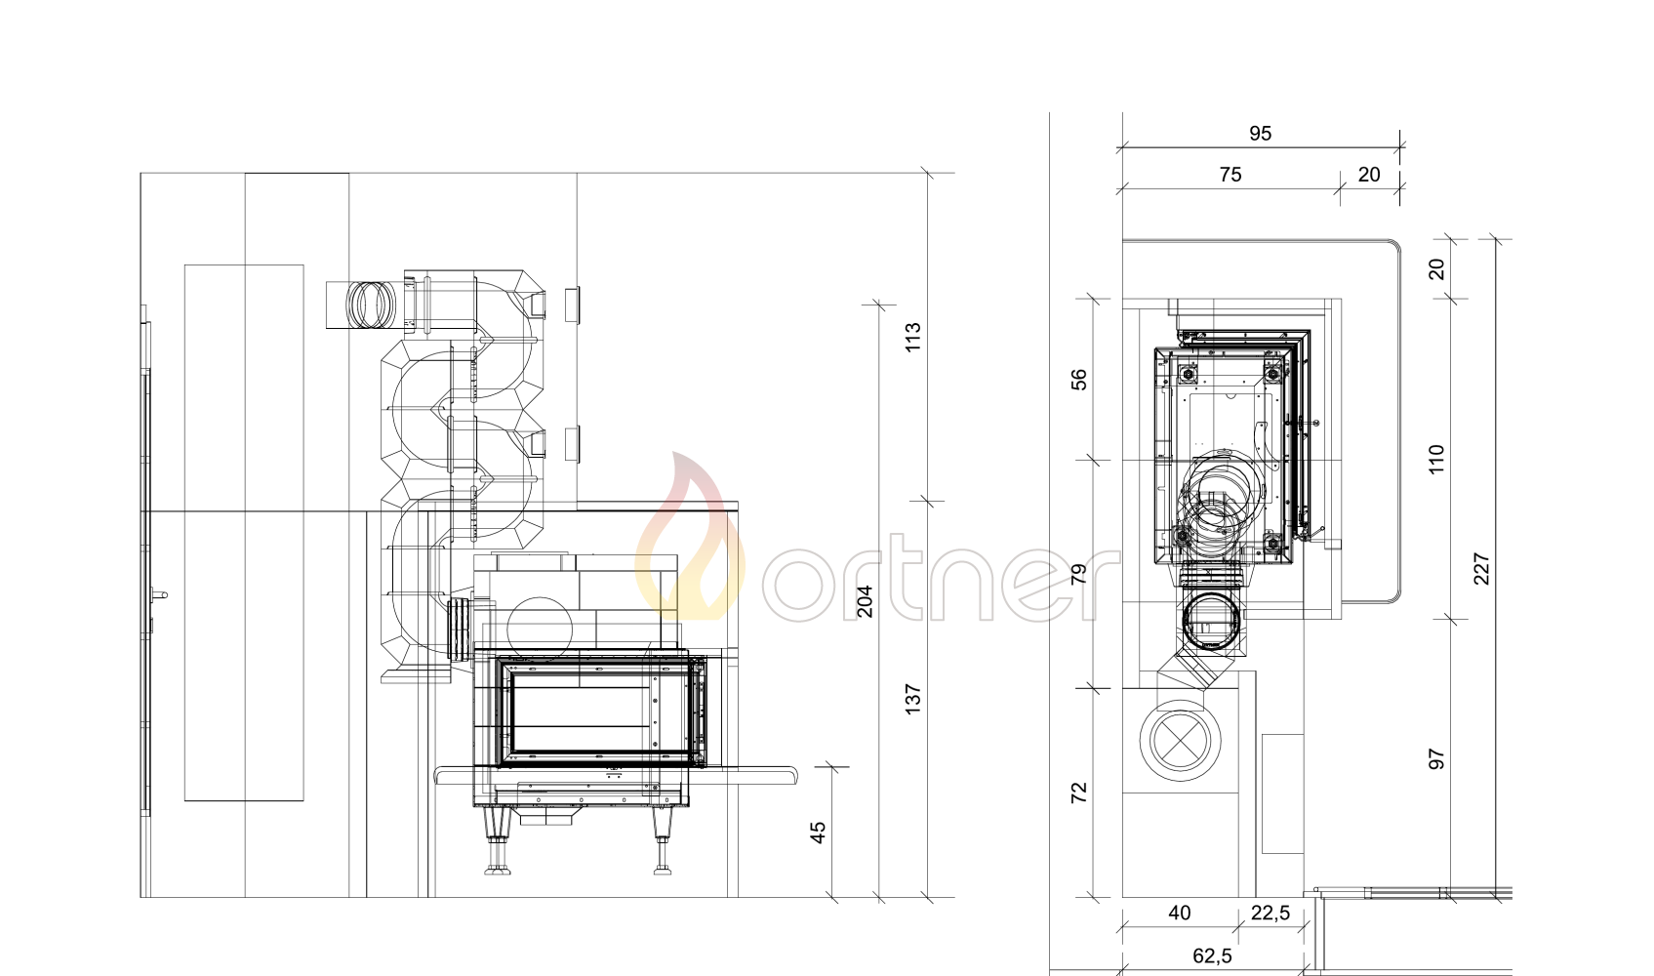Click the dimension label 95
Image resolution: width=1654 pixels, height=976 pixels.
coord(1260,134)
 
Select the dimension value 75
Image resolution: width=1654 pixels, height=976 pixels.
coord(1230,175)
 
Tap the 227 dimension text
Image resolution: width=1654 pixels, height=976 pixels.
coord(1481,568)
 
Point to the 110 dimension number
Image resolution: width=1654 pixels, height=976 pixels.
coord(1436,459)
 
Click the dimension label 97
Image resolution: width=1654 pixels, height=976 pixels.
coord(1436,759)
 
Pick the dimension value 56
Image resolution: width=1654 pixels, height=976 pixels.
coord(1079,380)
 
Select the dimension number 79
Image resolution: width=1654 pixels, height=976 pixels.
coord(1079,574)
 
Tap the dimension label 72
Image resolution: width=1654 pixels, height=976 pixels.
coord(1079,793)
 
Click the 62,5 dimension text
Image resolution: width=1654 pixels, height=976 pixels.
coord(1212,956)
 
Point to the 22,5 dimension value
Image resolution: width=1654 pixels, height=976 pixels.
coord(1271,914)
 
